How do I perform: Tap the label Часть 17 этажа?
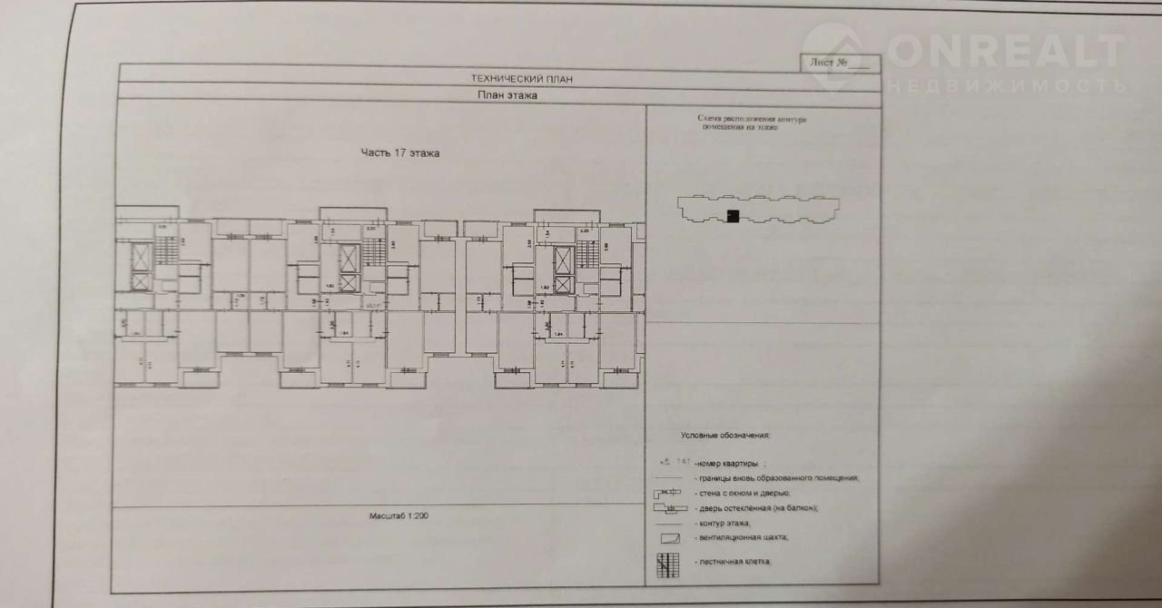click(x=400, y=153)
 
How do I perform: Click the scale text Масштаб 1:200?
click(x=399, y=515)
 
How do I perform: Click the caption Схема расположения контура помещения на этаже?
click(x=752, y=123)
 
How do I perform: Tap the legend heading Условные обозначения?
click(x=725, y=436)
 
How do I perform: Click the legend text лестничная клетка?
click(x=734, y=563)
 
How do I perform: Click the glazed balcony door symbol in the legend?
click(x=668, y=509)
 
